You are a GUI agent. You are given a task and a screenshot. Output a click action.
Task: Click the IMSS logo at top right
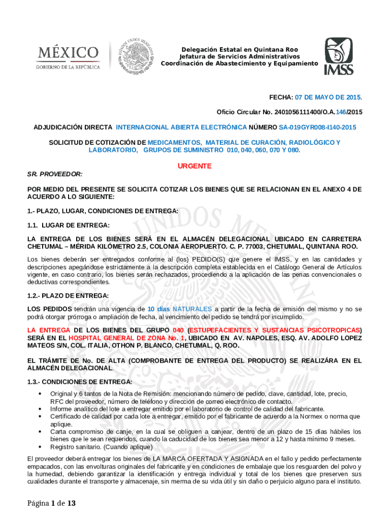pyautogui.click(x=339, y=56)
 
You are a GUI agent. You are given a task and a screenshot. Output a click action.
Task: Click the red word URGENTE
pyautogui.click(x=194, y=166)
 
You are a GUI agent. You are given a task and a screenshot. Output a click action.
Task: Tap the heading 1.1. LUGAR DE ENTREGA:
pyautogui.click(x=68, y=225)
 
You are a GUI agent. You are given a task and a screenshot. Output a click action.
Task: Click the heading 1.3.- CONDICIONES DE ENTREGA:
pyautogui.click(x=80, y=381)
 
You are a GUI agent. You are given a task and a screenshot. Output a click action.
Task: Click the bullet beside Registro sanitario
pyautogui.click(x=40, y=447)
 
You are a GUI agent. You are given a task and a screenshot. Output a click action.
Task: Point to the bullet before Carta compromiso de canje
pyautogui.click(x=40, y=432)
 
